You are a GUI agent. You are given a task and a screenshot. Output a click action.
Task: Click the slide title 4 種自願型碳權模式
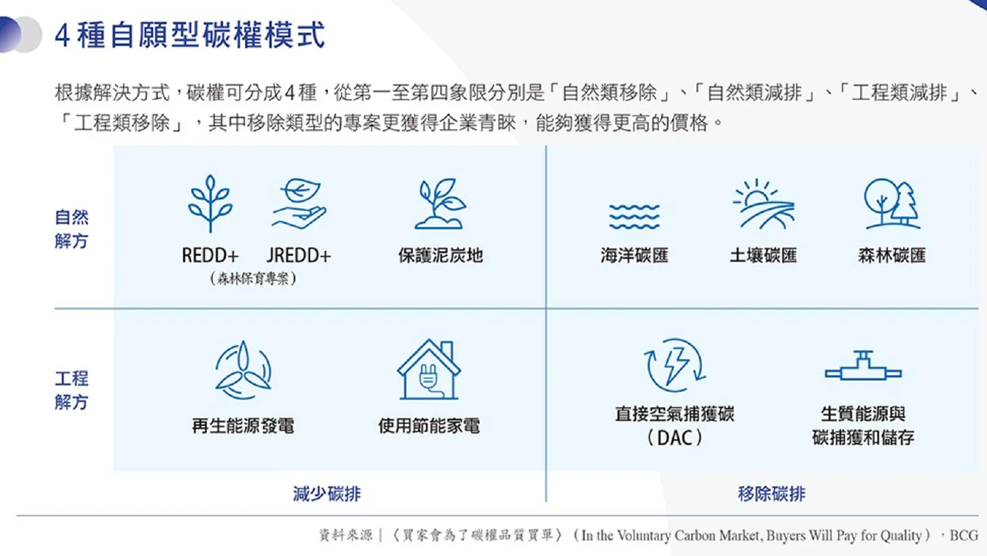(190, 35)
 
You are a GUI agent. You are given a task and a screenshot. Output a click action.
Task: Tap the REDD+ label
(210, 255)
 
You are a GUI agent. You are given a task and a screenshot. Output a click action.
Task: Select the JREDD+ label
(298, 255)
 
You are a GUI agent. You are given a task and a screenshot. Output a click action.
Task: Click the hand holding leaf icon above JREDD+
(299, 203)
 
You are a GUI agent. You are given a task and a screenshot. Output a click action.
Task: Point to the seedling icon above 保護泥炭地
(440, 203)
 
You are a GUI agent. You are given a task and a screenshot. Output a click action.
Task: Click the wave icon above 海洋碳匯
(634, 216)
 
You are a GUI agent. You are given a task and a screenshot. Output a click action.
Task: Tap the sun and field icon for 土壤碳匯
(763, 204)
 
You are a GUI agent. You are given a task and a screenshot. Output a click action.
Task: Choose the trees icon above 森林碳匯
(892, 203)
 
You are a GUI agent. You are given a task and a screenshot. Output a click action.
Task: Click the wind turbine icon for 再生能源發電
(243, 370)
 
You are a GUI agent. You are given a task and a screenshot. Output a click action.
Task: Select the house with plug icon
(428, 369)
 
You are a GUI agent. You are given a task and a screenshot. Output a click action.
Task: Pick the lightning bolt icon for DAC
(675, 366)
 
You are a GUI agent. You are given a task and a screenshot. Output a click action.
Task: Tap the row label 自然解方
(71, 229)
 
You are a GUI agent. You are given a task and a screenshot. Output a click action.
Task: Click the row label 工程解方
(71, 390)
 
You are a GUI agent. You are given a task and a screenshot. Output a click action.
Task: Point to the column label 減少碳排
(327, 494)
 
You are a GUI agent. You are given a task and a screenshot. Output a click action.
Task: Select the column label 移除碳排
(771, 494)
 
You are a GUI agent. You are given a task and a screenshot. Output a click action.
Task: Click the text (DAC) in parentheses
(675, 438)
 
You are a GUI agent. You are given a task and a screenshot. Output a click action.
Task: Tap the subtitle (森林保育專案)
(253, 279)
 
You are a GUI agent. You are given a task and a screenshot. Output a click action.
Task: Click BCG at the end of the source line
(964, 535)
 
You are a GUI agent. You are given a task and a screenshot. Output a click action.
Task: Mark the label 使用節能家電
(429, 426)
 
